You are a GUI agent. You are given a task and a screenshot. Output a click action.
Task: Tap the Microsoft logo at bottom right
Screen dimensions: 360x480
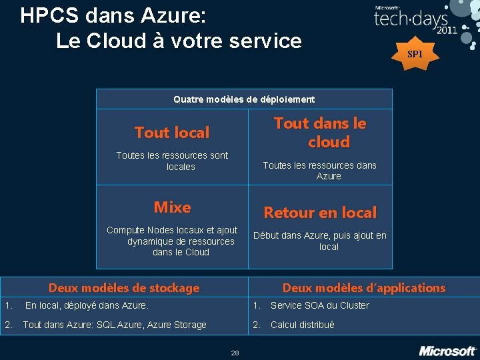pyautogui.click(x=447, y=350)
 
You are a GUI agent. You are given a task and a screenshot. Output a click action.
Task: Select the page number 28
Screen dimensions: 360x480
pyautogui.click(x=235, y=353)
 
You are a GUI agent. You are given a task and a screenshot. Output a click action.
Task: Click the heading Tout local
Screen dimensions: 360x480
pyautogui.click(x=172, y=133)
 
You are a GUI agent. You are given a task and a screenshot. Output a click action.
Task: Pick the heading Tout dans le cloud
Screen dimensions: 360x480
pyautogui.click(x=320, y=132)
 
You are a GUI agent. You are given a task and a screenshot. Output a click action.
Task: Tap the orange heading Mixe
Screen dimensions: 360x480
pyautogui.click(x=172, y=207)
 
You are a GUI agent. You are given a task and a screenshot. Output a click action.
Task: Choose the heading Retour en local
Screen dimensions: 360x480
pyautogui.click(x=320, y=213)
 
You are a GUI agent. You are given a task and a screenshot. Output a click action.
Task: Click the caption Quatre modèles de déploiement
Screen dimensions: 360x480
pyautogui.click(x=244, y=99)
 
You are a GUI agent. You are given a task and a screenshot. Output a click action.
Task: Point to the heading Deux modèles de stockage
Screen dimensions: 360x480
pyautogui.click(x=124, y=288)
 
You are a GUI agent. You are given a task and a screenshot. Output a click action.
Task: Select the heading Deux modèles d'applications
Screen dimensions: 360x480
pyautogui.click(x=363, y=288)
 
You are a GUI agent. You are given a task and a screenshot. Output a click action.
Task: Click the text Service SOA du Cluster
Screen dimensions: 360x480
pyautogui.click(x=319, y=305)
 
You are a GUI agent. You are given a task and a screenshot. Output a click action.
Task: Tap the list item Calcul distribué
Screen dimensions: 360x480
pyautogui.click(x=302, y=325)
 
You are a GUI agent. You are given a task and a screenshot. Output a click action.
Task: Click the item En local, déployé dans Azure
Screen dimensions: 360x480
pyautogui.click(x=87, y=305)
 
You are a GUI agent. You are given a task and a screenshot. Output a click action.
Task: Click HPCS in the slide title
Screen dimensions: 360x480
pyautogui.click(x=48, y=15)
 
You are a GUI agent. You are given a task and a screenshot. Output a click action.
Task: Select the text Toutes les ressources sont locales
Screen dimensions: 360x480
pyautogui.click(x=172, y=161)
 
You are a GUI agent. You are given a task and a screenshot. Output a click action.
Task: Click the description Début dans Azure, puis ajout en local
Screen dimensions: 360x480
pyautogui.click(x=320, y=241)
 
